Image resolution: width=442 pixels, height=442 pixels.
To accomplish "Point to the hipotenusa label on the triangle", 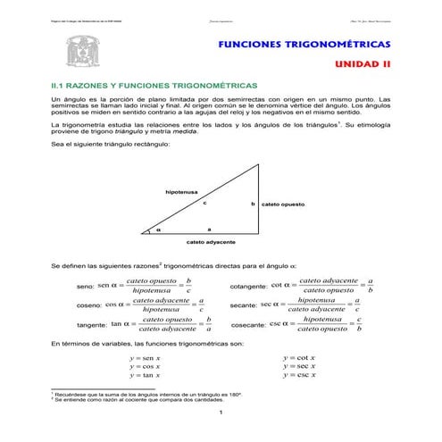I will click(181, 192).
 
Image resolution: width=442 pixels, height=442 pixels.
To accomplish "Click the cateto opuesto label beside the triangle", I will click(282, 204).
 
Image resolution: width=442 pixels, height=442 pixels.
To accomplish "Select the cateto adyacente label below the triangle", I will click(211, 242).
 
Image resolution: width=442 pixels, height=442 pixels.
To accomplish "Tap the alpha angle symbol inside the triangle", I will click(159, 229).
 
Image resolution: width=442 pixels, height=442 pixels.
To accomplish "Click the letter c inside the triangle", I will click(204, 204).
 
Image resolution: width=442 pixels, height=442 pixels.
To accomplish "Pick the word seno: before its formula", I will click(86, 287).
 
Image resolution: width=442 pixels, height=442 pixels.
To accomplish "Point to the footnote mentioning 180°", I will click(147, 394).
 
